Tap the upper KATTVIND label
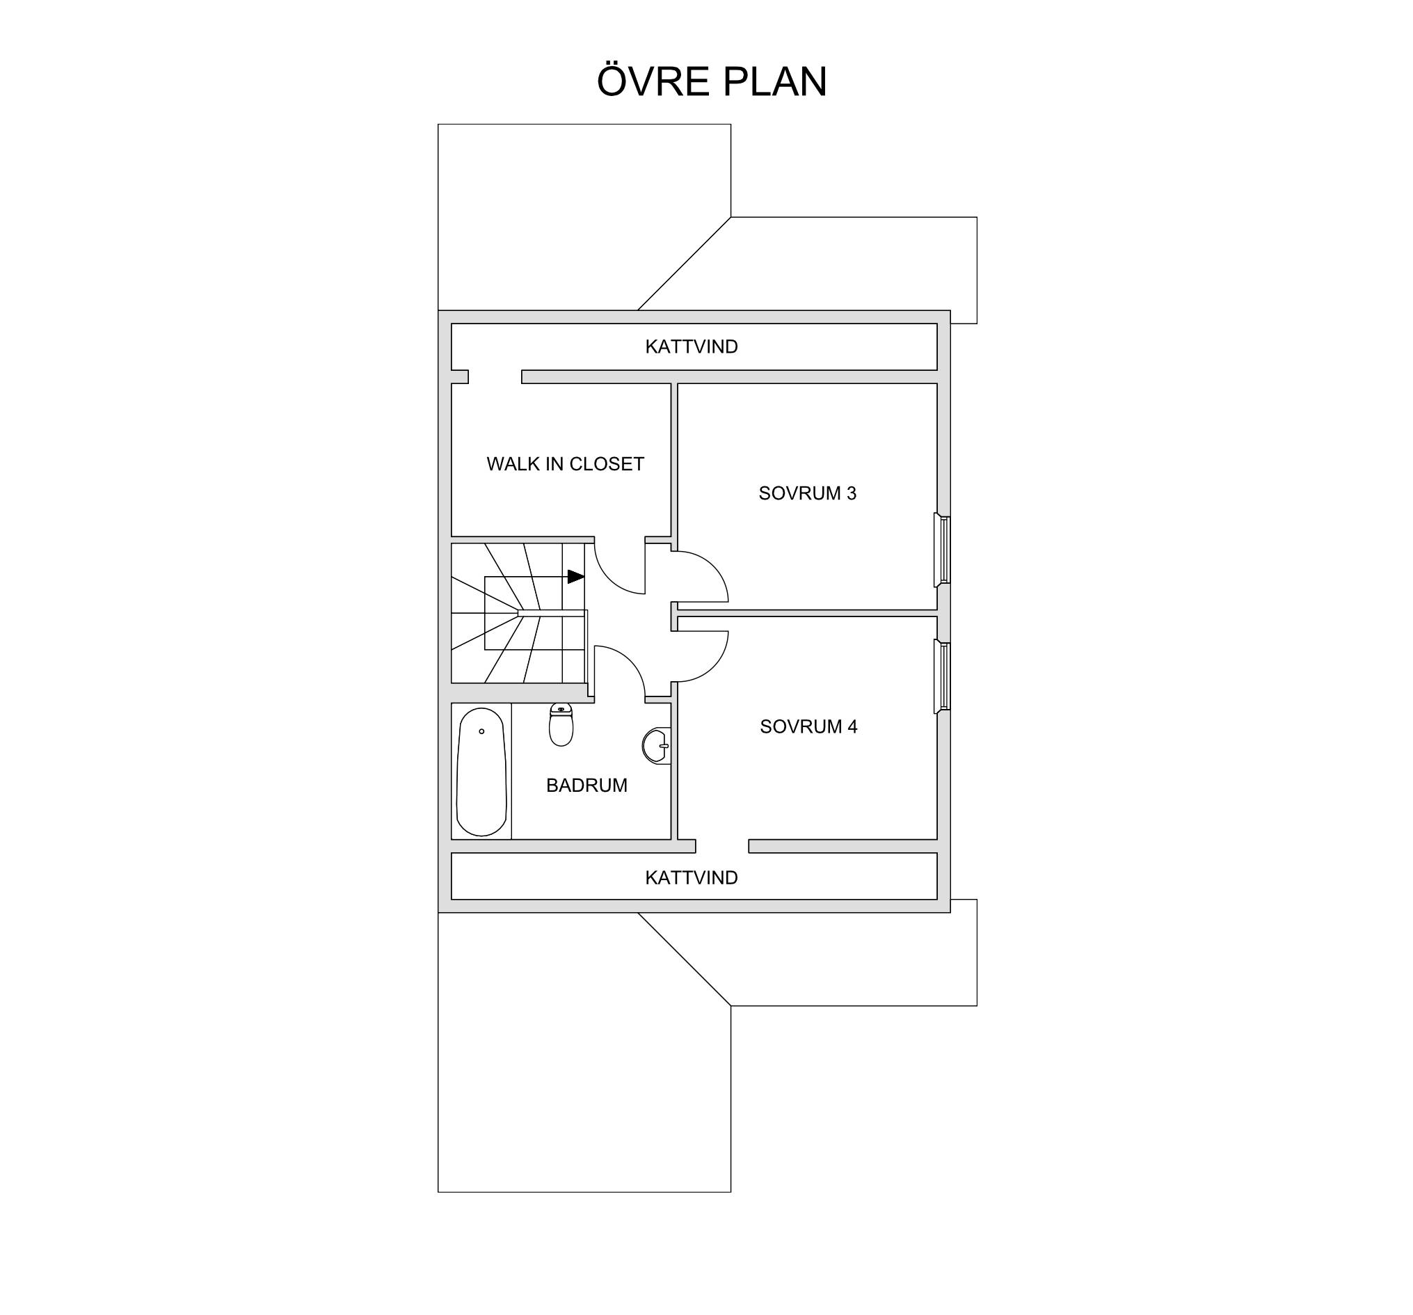692,347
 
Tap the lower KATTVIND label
692,878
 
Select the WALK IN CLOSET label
565,464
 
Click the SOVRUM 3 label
808,493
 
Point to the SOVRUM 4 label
809,726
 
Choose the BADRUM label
586,786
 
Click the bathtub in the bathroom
481,772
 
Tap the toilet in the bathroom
561,724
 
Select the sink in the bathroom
657,746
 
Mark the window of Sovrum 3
943,551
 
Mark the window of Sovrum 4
943,676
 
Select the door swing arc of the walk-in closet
609,579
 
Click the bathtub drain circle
482,731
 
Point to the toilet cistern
561,709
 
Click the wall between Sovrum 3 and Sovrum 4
808,613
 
